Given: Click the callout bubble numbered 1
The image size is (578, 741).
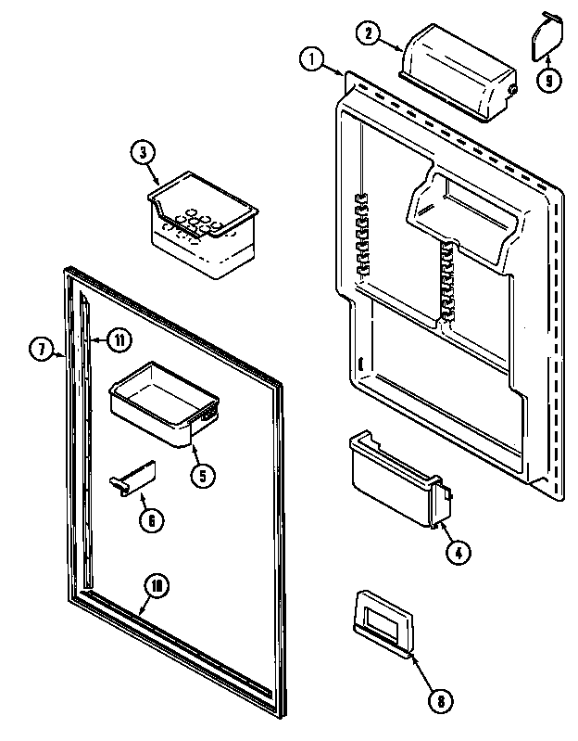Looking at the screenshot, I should pyautogui.click(x=310, y=61).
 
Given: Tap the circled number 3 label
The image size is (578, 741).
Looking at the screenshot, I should pyautogui.click(x=143, y=155).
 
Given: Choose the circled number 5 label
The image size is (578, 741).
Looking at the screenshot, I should pyautogui.click(x=203, y=476).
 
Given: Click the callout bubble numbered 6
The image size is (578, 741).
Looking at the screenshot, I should pyautogui.click(x=149, y=519).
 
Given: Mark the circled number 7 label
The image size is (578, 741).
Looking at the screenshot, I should pyautogui.click(x=41, y=350).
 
